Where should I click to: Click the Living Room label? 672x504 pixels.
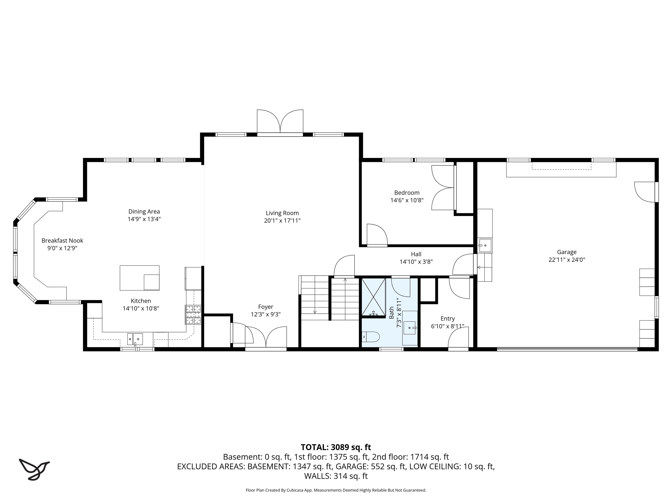coord(282,213)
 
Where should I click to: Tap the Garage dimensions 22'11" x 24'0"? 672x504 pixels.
coord(567,259)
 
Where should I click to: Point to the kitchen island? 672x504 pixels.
coord(139,278)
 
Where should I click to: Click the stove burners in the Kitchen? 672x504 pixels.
coord(193,314)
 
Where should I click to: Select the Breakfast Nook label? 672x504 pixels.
coord(62,240)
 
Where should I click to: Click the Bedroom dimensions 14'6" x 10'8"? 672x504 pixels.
coord(407,200)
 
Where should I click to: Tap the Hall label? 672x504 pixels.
coord(416,254)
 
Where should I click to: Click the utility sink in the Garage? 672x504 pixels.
coord(485,245)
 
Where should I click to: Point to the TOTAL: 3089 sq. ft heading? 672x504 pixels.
coord(336,447)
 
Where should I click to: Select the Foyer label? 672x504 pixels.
coord(266,307)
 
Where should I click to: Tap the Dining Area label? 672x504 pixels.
coord(144,212)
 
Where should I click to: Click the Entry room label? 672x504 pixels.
coord(448,318)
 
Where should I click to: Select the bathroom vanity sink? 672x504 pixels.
coord(409,328)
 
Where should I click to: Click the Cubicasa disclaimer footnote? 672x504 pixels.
coord(336,490)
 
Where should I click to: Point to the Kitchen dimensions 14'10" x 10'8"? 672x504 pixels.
coord(141,308)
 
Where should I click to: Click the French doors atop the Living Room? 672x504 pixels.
coord(280,122)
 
